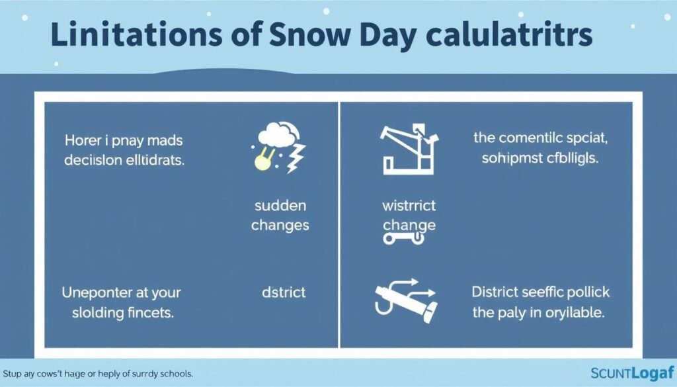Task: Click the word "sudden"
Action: (x=280, y=206)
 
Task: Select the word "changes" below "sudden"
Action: (x=280, y=225)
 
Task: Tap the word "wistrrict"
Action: (x=409, y=206)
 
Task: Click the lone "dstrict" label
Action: (x=283, y=292)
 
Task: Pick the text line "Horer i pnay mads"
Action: (x=124, y=140)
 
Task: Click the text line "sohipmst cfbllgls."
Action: (x=539, y=158)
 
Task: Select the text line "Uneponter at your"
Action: (x=122, y=292)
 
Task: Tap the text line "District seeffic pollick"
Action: (x=541, y=292)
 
